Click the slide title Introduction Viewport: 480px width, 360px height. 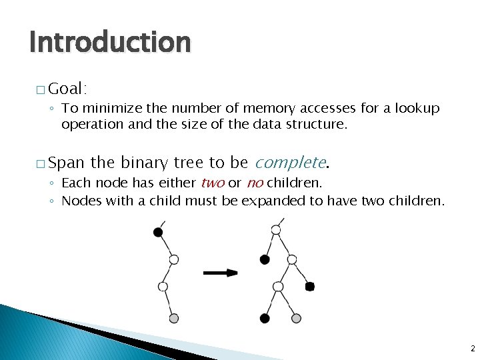click(x=110, y=42)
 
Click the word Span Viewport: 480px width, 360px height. click(x=67, y=163)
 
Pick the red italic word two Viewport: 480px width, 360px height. click(x=212, y=183)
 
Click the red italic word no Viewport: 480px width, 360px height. click(x=254, y=183)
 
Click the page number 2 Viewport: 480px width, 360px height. click(x=472, y=348)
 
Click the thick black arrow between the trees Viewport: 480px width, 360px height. click(x=220, y=272)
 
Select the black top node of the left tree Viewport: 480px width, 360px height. click(x=158, y=232)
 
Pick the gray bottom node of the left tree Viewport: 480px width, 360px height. click(x=174, y=318)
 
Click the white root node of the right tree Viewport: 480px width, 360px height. click(x=276, y=230)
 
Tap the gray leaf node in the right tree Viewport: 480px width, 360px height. click(x=295, y=318)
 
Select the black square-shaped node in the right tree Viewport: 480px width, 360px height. click(x=309, y=287)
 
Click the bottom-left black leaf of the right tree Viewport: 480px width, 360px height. click(x=265, y=318)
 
